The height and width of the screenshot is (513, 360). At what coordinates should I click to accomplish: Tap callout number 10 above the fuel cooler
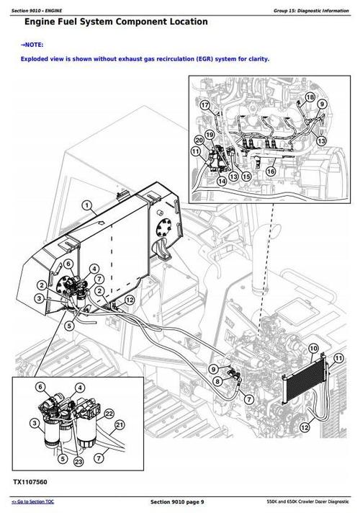[x=312, y=349]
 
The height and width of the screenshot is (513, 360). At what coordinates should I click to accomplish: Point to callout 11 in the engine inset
[x=196, y=151]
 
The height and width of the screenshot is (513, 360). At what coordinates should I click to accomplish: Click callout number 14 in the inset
[x=221, y=182]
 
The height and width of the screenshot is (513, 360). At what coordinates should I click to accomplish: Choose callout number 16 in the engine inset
[x=271, y=171]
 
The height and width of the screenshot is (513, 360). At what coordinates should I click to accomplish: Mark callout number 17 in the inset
[x=204, y=106]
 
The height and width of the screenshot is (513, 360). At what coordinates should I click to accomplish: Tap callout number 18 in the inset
[x=310, y=97]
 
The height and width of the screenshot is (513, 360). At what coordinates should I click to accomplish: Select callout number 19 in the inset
[x=209, y=134]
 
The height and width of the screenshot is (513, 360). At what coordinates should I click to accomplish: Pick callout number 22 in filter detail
[x=109, y=413]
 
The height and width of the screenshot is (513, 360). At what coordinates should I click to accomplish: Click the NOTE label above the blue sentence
[x=32, y=45]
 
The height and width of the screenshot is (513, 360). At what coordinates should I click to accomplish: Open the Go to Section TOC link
[x=33, y=501]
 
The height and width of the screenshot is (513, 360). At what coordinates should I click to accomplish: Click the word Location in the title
[x=181, y=22]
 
